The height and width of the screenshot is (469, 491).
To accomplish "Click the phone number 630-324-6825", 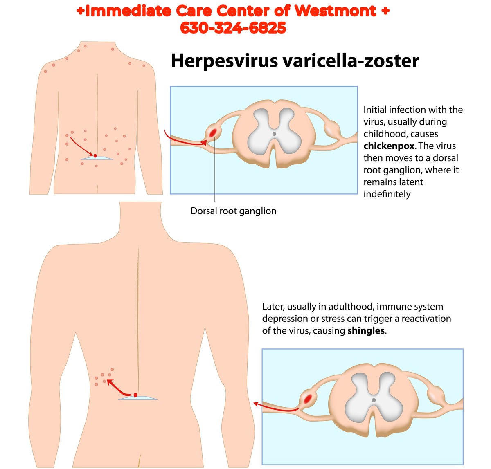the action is (x=233, y=27).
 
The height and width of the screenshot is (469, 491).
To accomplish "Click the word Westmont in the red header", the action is (x=336, y=11).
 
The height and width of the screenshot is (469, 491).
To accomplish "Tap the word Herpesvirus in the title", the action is (x=224, y=61).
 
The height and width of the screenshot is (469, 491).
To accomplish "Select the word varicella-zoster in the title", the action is (x=351, y=61).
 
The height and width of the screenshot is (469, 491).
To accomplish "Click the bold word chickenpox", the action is (x=389, y=146).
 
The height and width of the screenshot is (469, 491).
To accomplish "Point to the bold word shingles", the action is (x=366, y=330).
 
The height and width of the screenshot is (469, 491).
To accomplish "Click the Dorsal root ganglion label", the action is (x=233, y=211).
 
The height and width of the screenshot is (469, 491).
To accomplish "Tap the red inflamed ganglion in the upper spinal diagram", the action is (x=213, y=132).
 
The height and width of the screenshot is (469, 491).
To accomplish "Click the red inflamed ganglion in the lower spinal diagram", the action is (x=308, y=398).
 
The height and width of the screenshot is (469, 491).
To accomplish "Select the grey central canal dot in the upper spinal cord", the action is (x=274, y=134).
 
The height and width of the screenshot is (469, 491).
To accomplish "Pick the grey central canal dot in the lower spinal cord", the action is (x=374, y=400).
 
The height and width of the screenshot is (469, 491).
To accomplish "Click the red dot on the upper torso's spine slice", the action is (x=95, y=156).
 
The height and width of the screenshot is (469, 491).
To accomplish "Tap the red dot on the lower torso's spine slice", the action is (x=135, y=395).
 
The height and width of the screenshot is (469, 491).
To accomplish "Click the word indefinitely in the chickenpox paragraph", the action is (x=387, y=194).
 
